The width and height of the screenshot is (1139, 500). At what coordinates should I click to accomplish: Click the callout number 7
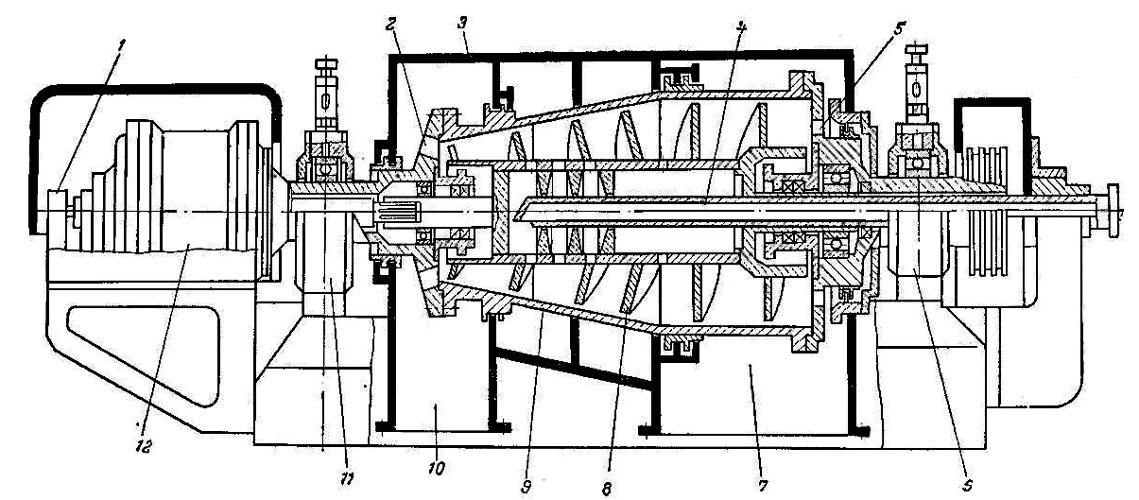pos(762,486)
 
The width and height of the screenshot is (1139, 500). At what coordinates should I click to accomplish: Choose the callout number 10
pos(436,468)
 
